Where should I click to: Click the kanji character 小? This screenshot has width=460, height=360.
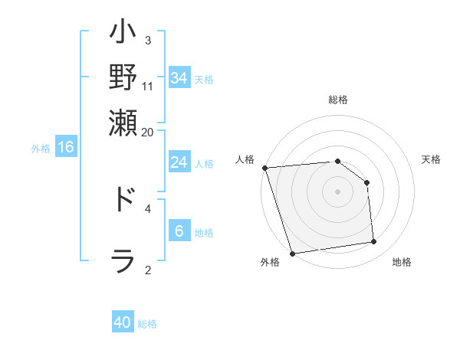123,34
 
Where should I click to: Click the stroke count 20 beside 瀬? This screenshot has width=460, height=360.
148,131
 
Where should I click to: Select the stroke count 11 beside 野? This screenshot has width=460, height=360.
148,85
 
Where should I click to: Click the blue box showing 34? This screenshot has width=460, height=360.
179,78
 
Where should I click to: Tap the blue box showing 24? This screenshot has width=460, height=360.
179,162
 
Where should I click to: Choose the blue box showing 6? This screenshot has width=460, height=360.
179,231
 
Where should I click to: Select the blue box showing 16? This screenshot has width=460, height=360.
66,147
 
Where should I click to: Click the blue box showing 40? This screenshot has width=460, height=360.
123,322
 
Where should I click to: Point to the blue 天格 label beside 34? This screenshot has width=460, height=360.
204,80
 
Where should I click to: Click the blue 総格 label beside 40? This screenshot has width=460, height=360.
147,324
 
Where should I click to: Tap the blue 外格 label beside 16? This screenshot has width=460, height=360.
41,149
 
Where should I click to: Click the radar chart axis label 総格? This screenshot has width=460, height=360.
337,100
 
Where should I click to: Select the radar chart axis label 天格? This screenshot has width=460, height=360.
432,159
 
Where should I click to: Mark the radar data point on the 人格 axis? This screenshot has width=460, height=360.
264,168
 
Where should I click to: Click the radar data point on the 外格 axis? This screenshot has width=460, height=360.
292,254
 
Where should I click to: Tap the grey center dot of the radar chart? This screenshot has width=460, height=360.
337,191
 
